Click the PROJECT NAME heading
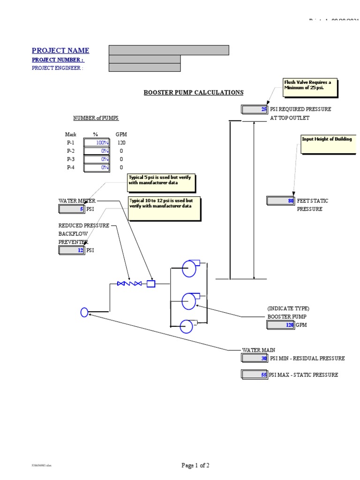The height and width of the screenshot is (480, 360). pos(60,51)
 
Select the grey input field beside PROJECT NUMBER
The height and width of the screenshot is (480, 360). pos(144,59)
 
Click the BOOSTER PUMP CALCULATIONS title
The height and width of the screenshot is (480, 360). pos(193,92)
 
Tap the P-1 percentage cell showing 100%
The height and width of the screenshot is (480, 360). pos(97,142)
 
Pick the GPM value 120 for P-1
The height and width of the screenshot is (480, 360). pos(121,142)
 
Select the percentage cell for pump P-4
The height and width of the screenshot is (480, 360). pos(97,167)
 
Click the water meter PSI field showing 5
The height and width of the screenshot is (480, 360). pos(72,209)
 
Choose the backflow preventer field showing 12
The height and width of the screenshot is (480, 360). pos(72,250)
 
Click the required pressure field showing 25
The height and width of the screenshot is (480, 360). pos(255,109)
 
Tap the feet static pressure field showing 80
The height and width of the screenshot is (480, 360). pos(281,201)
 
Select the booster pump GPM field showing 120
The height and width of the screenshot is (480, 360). pos(281,325)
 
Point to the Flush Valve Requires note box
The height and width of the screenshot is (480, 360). pos(310,88)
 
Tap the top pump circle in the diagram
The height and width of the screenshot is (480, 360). pos(190,270)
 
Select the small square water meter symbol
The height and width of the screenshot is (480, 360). pos(151,284)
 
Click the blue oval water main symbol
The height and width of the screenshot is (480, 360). pos(84,312)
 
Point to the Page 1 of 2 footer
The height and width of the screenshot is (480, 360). pos(195,465)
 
